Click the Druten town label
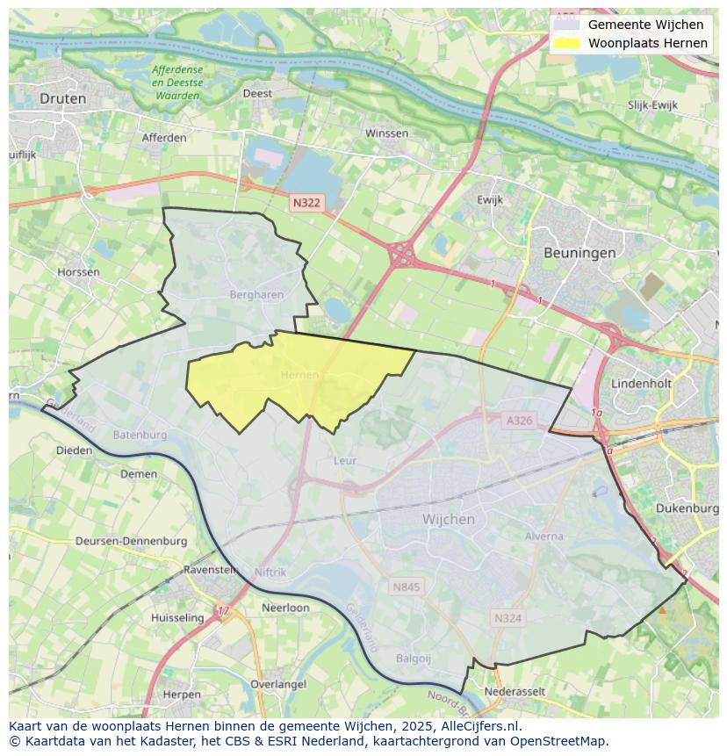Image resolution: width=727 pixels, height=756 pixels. (63, 98)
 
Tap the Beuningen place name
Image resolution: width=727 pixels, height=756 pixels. (579, 252)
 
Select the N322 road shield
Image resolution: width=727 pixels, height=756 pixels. (306, 203)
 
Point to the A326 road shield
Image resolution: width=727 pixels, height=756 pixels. (519, 421)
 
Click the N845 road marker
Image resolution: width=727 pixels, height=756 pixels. (406, 587)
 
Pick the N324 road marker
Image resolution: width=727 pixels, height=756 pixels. (507, 618)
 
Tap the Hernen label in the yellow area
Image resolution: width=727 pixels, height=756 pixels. (299, 376)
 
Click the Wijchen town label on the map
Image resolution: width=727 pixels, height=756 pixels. (448, 519)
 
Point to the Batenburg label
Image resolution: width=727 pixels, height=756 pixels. (140, 435)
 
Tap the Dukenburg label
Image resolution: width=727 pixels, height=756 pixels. (687, 508)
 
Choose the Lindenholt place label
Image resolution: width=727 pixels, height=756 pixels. (641, 384)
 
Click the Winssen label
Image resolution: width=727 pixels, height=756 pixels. (386, 133)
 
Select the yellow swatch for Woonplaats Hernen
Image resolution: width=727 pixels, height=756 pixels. (566, 43)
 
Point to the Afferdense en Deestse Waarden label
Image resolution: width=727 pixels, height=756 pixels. (176, 83)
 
